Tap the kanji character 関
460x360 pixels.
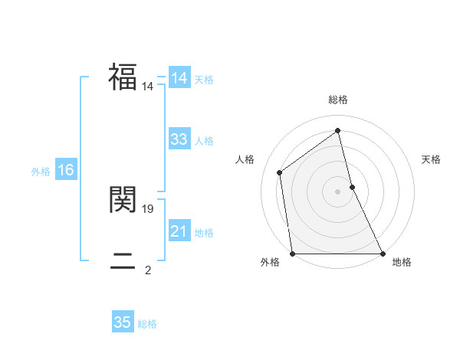point(123,199)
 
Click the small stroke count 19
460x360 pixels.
point(148,208)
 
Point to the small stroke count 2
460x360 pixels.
point(148,270)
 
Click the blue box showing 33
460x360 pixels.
point(179,139)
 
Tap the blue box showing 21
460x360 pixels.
point(179,231)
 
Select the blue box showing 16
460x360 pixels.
point(66,170)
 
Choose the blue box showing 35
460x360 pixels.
point(123,322)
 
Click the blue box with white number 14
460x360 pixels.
point(179,78)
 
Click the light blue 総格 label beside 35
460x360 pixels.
point(147,324)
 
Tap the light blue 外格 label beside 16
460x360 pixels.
point(41,172)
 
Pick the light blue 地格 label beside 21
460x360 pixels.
point(204,233)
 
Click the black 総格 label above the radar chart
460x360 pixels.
point(338,100)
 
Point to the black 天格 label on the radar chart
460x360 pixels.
point(431,159)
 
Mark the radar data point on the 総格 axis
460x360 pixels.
point(338,130)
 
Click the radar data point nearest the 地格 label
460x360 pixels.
point(382,254)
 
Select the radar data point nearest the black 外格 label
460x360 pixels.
point(293,254)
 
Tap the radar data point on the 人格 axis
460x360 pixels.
point(279,172)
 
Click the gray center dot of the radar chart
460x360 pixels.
point(338,191)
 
